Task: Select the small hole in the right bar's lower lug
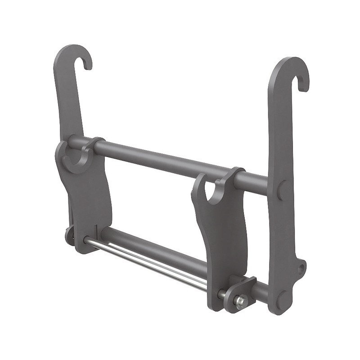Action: (x=300, y=268)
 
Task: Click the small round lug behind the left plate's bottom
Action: (x=69, y=235)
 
